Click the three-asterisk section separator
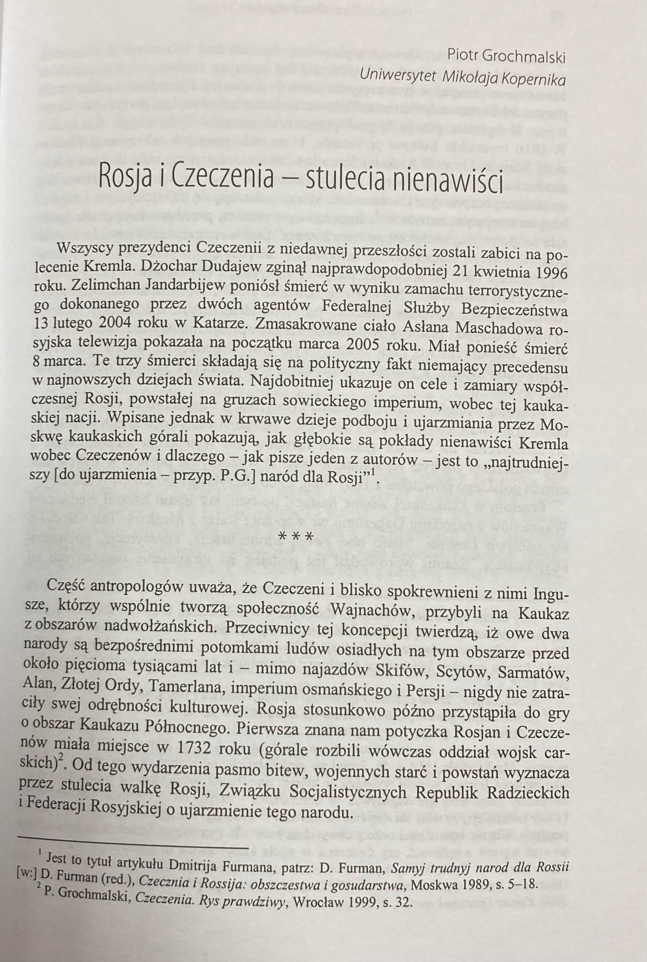click(296, 536)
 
